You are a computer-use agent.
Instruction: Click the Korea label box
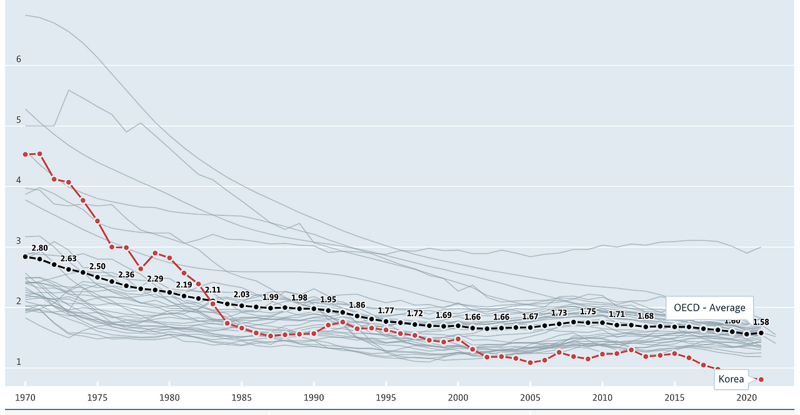click(731, 379)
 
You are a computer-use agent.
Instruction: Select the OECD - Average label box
click(709, 307)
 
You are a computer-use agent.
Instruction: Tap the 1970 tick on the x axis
click(25, 397)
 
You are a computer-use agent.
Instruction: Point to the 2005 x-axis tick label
click(530, 397)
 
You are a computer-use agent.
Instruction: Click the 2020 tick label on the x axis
click(746, 397)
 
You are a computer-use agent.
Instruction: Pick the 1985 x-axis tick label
click(241, 397)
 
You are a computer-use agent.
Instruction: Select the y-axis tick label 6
click(19, 59)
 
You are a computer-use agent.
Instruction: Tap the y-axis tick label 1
click(19, 362)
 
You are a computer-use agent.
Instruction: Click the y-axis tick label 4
click(19, 181)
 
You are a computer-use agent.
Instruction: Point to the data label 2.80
click(39, 248)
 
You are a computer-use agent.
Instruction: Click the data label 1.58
click(761, 322)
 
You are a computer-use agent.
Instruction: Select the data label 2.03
click(241, 294)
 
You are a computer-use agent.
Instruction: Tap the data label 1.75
click(587, 311)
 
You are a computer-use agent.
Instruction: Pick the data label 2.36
click(126, 274)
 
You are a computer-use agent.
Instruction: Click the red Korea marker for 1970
click(25, 154)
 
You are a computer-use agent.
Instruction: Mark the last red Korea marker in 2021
click(761, 379)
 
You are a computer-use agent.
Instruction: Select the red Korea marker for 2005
click(530, 362)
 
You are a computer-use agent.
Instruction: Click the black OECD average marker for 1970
click(25, 256)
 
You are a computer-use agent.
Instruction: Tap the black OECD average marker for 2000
click(458, 326)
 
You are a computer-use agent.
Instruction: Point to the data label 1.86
click(357, 305)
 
